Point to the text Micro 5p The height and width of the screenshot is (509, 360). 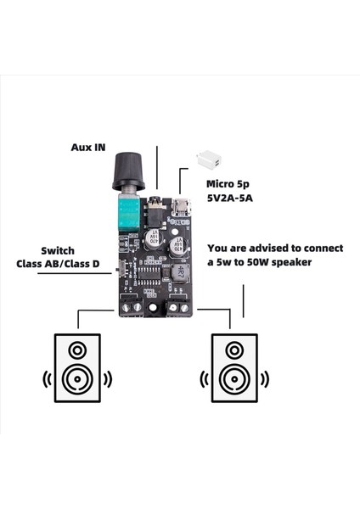click(x=227, y=183)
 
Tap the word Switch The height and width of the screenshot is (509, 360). click(x=59, y=251)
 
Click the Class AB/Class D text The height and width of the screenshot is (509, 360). click(x=59, y=265)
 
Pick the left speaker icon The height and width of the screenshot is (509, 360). click(x=77, y=368)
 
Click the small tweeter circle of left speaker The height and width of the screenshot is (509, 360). click(x=77, y=350)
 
